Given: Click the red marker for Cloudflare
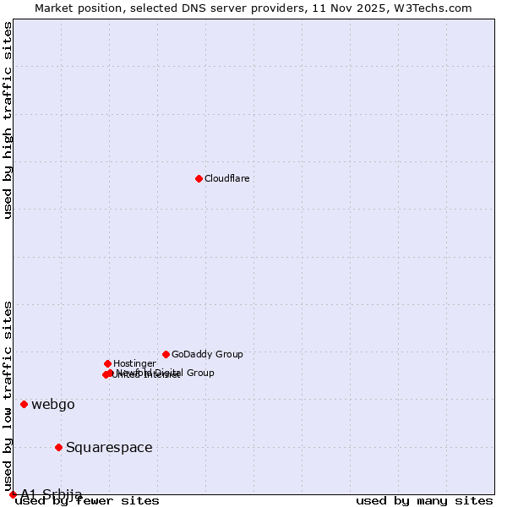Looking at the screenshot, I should (x=199, y=178).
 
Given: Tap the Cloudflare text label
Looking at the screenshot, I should (x=226, y=178).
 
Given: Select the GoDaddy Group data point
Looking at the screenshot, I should (x=166, y=354).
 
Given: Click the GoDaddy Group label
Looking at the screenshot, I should (x=207, y=354).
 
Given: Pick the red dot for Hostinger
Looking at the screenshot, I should (x=107, y=363).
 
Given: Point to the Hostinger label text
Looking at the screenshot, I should (x=134, y=363).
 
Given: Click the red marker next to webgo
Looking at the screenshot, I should (x=24, y=404).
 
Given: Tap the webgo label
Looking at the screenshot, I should (x=53, y=404).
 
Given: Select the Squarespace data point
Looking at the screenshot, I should (x=58, y=447).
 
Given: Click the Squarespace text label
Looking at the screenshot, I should (x=109, y=447).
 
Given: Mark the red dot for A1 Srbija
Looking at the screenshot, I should (x=13, y=494).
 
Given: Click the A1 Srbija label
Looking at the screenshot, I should (x=52, y=493).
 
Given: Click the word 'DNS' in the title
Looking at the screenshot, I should (x=205, y=8).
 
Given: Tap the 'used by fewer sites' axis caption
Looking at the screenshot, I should (x=87, y=500).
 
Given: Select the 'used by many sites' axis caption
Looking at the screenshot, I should (x=424, y=500).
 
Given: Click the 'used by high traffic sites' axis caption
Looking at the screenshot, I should (x=8, y=120).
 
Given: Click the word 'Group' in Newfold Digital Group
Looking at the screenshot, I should (x=199, y=373).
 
